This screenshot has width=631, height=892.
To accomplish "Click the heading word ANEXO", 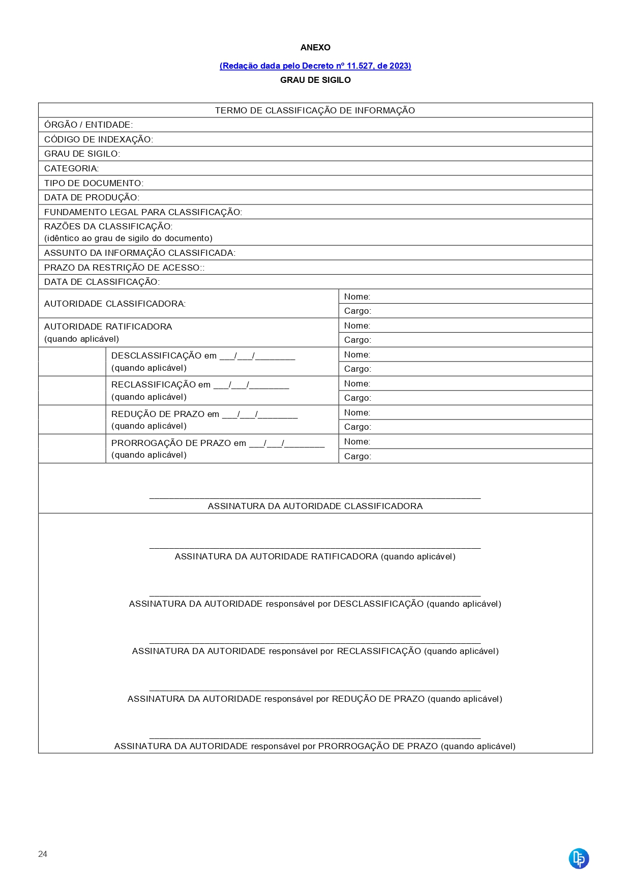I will pos(315,47).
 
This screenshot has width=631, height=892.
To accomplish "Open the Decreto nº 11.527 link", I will pos(315,66).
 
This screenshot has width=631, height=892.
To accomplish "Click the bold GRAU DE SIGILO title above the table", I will pos(315,80).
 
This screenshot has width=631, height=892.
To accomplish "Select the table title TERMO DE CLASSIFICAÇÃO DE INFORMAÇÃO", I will pos(315,110).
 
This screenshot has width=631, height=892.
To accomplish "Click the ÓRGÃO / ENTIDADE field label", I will pos(88,125).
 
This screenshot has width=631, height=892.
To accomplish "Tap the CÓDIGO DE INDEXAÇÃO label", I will pos(99,139).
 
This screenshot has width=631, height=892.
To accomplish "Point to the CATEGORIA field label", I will pos(72,168).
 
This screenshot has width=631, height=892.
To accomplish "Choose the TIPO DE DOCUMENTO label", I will pos(94,183).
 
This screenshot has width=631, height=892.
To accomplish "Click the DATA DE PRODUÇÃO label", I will pos(92,197).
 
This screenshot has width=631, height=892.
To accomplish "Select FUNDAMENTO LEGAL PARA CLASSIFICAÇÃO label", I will pos(143,212).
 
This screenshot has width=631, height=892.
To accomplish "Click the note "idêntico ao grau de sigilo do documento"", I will pos(128,238).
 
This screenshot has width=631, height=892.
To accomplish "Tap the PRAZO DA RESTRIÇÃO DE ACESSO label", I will pos(124,267).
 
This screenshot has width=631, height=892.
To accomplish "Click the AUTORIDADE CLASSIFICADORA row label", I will pos(115,304).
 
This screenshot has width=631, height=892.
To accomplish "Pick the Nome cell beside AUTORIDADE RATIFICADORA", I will pos(465,325).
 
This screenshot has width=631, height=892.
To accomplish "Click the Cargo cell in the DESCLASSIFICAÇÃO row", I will pos(465,369).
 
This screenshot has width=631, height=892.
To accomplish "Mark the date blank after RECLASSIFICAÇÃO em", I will pos(251,385).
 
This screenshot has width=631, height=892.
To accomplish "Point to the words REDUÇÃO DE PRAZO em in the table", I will pos(165,414).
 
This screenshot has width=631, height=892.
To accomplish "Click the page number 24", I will pos(43,854).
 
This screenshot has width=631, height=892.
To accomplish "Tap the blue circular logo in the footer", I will pos(579,858).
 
